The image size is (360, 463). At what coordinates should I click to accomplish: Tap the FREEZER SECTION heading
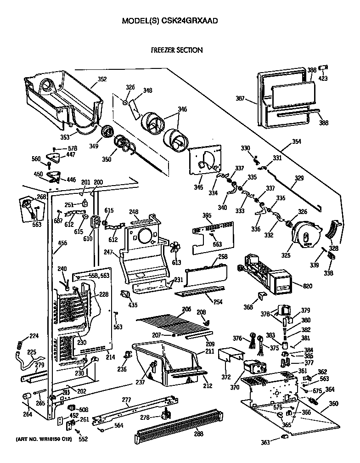click(x=177, y=50)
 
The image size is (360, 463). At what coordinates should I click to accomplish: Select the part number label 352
click(x=101, y=79)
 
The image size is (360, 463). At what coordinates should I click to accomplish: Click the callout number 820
click(x=307, y=286)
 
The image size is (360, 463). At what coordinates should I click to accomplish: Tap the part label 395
click(x=207, y=215)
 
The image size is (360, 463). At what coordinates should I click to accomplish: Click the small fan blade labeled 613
click(x=175, y=248)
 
